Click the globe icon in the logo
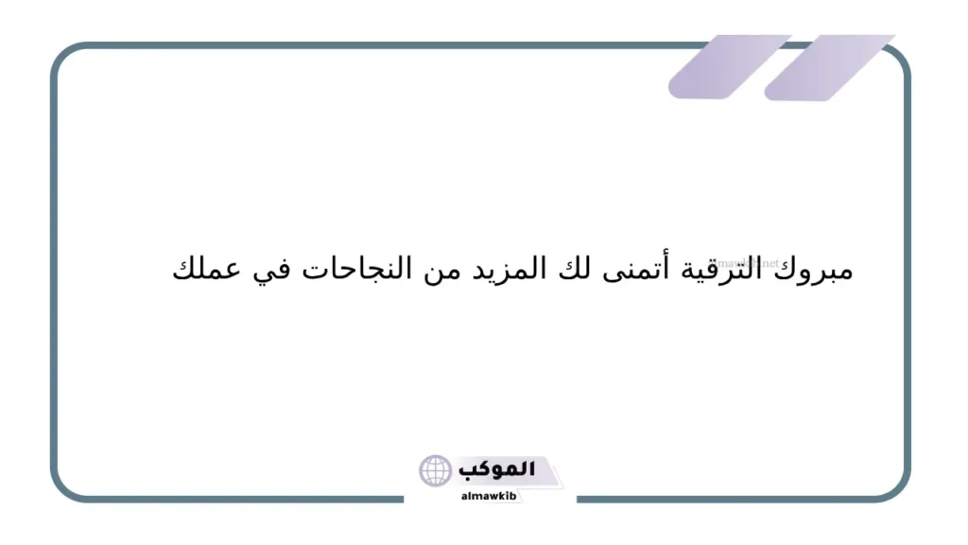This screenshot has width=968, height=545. pos(436,470)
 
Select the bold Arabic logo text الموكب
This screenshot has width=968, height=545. pos(496,469)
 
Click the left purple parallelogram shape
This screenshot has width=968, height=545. pos(728,66)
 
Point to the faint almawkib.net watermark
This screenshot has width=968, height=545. pos(752,264)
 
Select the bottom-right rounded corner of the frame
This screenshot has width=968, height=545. pos(897,488)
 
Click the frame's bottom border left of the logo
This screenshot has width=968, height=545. pos(236,499)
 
